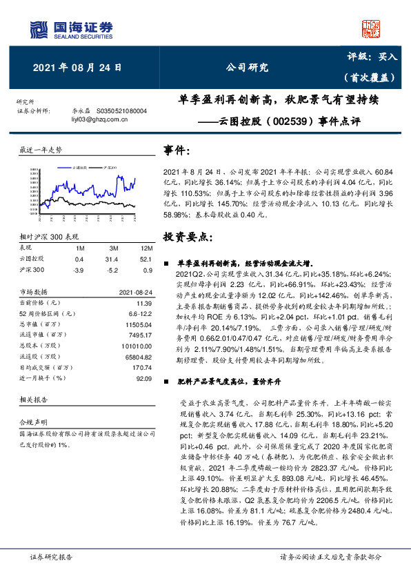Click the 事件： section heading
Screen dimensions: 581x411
coord(177,150)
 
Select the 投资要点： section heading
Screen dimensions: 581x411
coord(188,237)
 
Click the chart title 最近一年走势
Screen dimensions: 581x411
coord(41,149)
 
